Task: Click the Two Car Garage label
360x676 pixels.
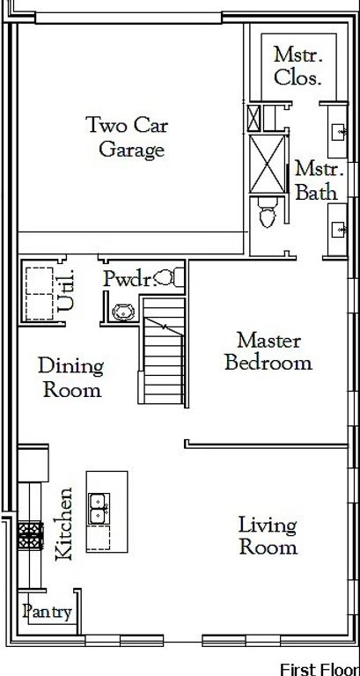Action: coord(127,137)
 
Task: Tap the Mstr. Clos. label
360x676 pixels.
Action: coord(298,66)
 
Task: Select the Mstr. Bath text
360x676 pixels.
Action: coord(319,180)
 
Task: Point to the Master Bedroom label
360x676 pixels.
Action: coord(268,351)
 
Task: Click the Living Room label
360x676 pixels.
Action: coord(268,536)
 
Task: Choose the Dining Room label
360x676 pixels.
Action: coord(71,378)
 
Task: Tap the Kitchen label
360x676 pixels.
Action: coord(64,525)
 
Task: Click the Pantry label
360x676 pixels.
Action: coord(47,612)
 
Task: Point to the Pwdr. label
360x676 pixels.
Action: coord(129,280)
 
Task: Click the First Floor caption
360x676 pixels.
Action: coord(320,669)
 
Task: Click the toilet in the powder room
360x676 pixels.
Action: coord(168,277)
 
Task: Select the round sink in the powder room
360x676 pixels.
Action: coord(123,312)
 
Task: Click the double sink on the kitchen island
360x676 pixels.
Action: coord(99,509)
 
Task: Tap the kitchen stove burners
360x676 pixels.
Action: coord(31,536)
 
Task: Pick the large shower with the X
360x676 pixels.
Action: coord(268,165)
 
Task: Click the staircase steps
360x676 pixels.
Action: coord(164,350)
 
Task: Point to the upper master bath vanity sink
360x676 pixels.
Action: coord(339,130)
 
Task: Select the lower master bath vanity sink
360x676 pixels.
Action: coord(339,231)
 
